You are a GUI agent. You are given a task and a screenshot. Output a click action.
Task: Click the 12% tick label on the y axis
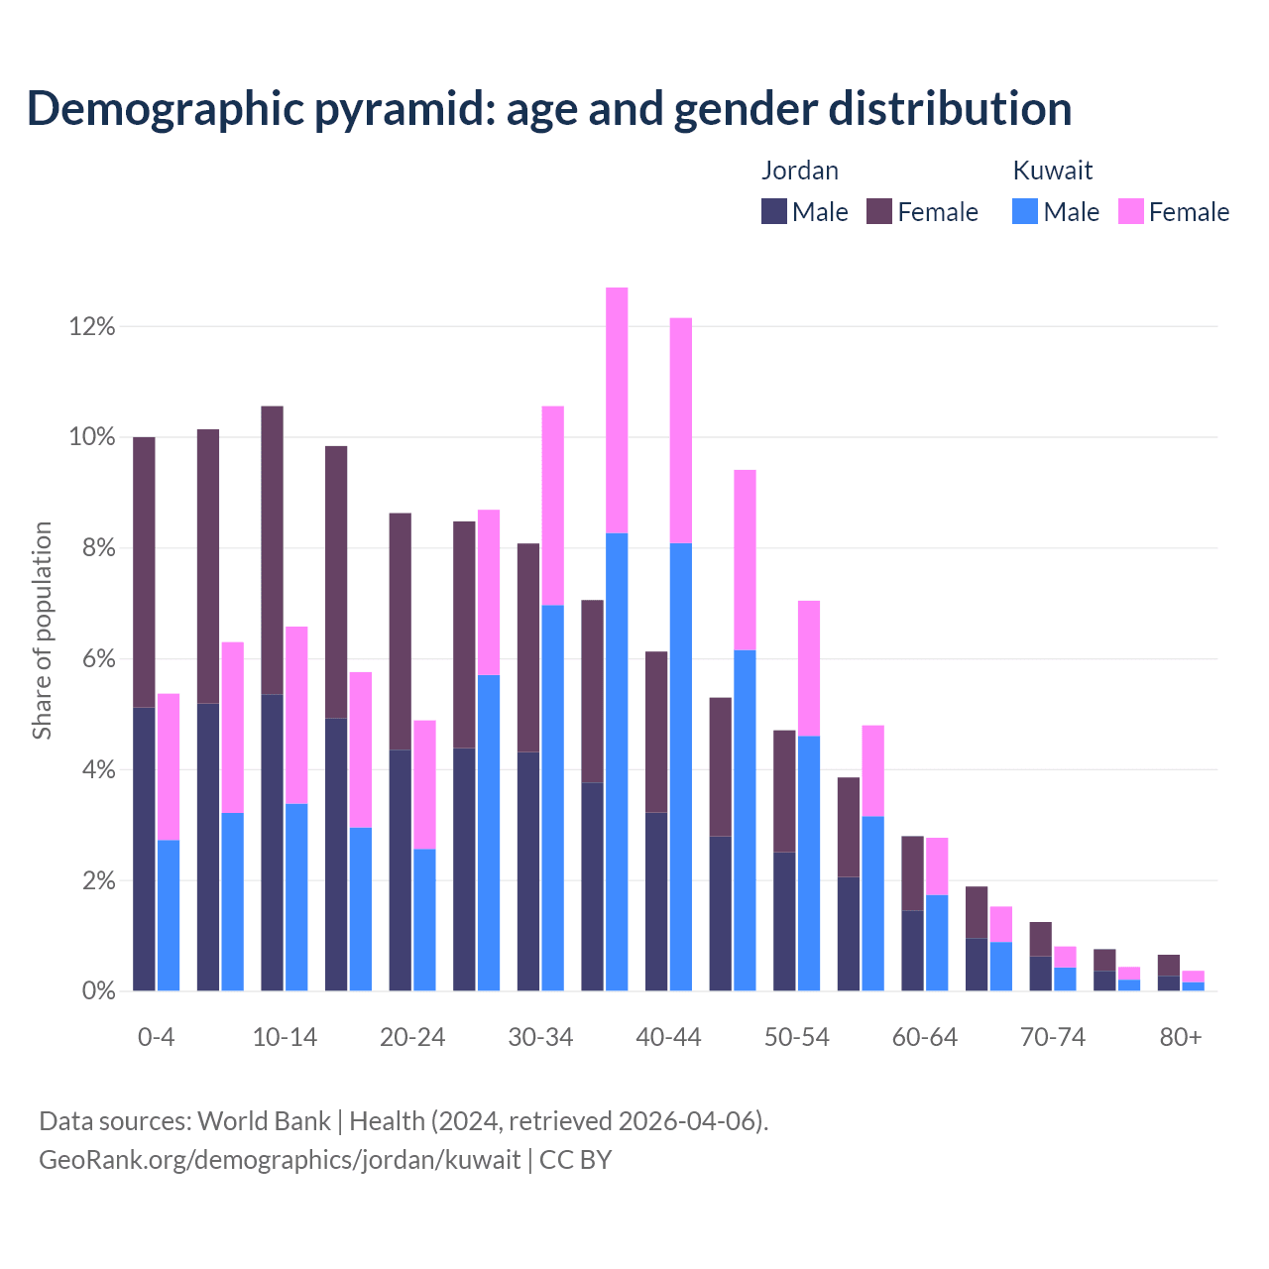92,326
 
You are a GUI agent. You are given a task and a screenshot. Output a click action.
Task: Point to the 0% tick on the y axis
97,990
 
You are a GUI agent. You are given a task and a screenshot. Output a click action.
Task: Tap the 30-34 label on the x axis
540,1037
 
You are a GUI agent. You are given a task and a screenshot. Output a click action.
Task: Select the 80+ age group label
1181,1037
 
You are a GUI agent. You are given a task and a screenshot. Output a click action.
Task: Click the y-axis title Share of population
42,631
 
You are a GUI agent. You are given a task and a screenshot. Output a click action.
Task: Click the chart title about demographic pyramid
549,108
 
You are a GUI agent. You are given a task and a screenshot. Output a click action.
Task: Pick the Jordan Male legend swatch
774,211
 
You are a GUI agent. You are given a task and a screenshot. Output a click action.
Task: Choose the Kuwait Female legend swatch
1131,211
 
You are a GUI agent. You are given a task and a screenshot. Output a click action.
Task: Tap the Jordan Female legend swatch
879,211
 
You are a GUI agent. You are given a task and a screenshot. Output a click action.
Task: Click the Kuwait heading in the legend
1053,171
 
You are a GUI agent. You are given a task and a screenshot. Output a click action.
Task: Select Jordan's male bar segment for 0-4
144,849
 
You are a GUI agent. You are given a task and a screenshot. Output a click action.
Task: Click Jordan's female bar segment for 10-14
272,550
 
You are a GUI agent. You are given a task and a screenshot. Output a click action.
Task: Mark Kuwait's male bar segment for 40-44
681,766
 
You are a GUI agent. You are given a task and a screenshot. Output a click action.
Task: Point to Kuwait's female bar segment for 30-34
553,506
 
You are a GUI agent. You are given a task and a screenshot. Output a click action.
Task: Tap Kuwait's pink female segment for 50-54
809,668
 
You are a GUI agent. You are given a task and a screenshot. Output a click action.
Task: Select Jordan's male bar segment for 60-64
912,950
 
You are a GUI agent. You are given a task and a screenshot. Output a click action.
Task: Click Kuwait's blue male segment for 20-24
424,919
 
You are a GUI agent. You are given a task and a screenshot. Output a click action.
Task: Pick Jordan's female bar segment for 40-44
656,732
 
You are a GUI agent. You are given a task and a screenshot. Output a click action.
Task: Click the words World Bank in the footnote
264,1121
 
